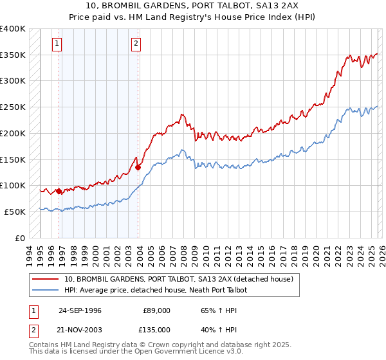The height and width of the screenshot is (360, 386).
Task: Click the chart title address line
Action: pyautogui.click(x=193, y=6)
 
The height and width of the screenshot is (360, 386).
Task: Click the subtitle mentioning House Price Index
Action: pyautogui.click(x=193, y=17)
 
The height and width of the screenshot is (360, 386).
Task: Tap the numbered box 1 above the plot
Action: pyautogui.click(x=58, y=44)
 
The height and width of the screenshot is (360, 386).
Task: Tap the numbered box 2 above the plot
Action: pyautogui.click(x=137, y=44)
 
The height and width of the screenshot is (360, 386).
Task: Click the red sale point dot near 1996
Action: pyautogui.click(x=59, y=191)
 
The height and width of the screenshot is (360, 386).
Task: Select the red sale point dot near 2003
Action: pyautogui.click(x=138, y=167)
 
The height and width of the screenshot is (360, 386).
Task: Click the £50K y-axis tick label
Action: pyautogui.click(x=15, y=212)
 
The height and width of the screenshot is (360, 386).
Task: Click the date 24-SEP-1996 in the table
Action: pyautogui.click(x=80, y=310)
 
